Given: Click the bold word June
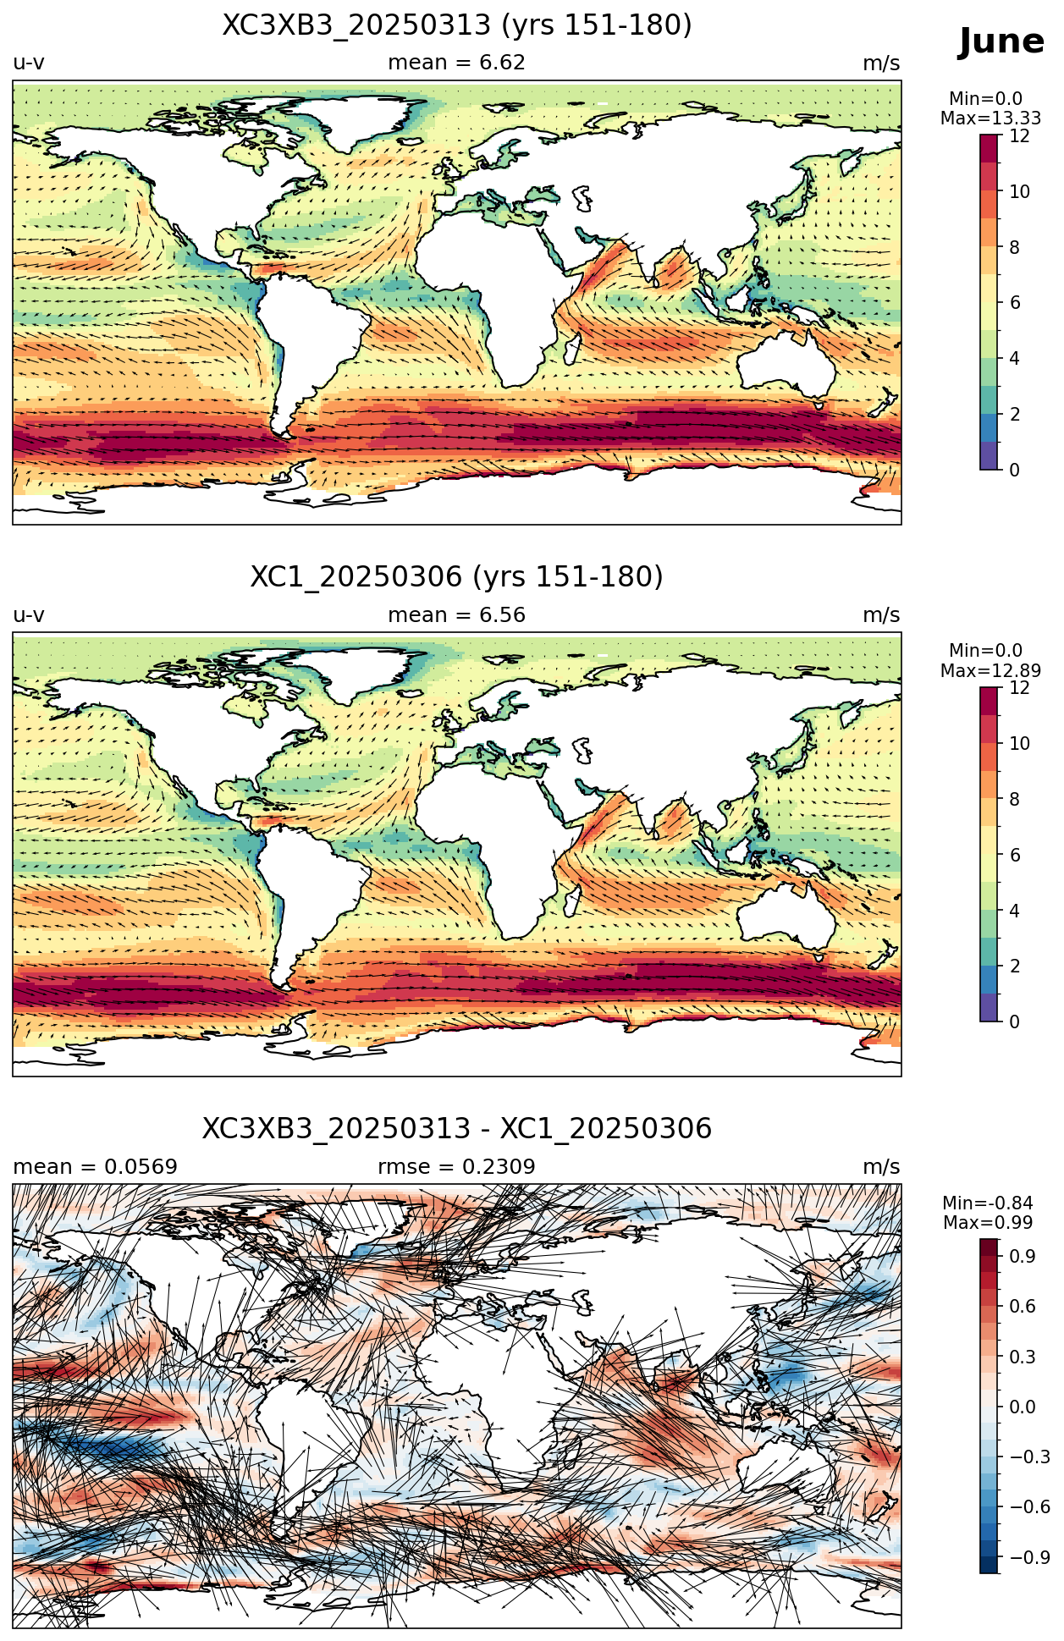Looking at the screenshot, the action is click(1001, 41).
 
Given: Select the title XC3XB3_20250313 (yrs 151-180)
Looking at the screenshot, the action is click(457, 25).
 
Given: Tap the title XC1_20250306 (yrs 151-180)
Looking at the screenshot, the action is click(457, 577).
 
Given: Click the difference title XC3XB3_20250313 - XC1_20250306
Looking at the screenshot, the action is click(457, 1129).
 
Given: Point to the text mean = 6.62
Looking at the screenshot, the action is click(457, 63).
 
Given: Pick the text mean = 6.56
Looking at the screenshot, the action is click(457, 615).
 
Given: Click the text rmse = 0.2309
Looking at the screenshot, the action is click(457, 1167).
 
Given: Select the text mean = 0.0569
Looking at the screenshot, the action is click(96, 1167).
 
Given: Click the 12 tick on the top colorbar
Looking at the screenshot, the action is click(1020, 136).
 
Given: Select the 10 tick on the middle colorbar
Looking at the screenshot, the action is click(1020, 744).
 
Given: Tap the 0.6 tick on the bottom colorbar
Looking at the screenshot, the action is click(1023, 1306).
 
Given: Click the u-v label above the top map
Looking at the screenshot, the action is click(29, 63).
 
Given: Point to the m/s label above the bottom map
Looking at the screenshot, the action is click(881, 1167).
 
